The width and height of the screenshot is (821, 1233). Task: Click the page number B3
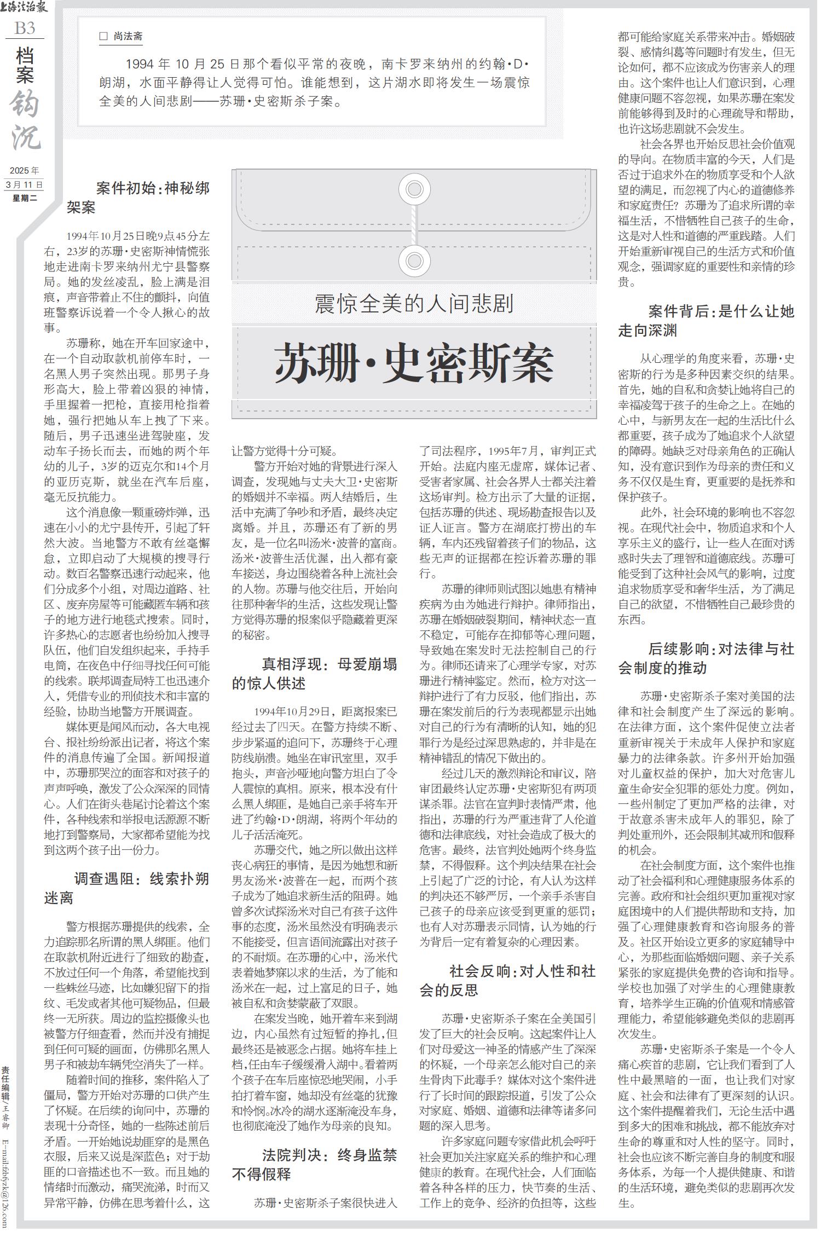25,28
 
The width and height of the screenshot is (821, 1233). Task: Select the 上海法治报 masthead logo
25,8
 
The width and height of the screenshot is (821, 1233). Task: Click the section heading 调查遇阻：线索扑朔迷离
127,888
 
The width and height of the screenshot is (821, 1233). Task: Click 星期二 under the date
25,198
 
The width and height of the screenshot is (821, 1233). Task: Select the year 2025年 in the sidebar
25,171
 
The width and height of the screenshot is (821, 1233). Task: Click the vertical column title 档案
25,65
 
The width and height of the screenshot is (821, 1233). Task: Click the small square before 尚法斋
103,37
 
